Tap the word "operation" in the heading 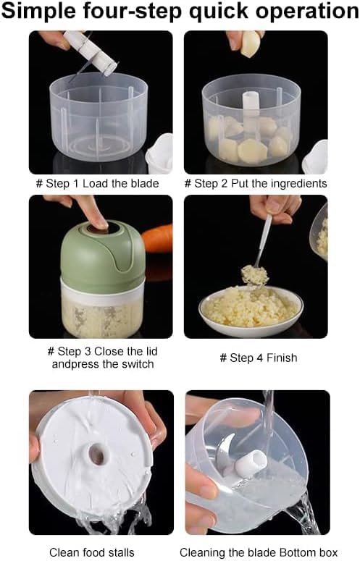pyautogui.click(x=306, y=11)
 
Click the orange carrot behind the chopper pyautogui.click(x=157, y=239)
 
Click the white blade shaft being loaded pyautogui.click(x=91, y=52)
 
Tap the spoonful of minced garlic pyautogui.click(x=255, y=276)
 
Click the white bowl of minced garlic pyautogui.click(x=251, y=311)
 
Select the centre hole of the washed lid pyautogui.click(x=96, y=455)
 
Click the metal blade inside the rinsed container pyautogui.click(x=224, y=452)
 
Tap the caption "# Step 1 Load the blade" pyautogui.click(x=97, y=184)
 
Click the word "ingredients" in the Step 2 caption pyautogui.click(x=299, y=184)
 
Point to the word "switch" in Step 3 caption pyautogui.click(x=136, y=364)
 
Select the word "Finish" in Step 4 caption pyautogui.click(x=282, y=358)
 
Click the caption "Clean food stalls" pyautogui.click(x=91, y=552)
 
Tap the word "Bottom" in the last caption pyautogui.click(x=298, y=552)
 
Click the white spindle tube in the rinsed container pyautogui.click(x=251, y=464)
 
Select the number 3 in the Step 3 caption pyautogui.click(x=88, y=351)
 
